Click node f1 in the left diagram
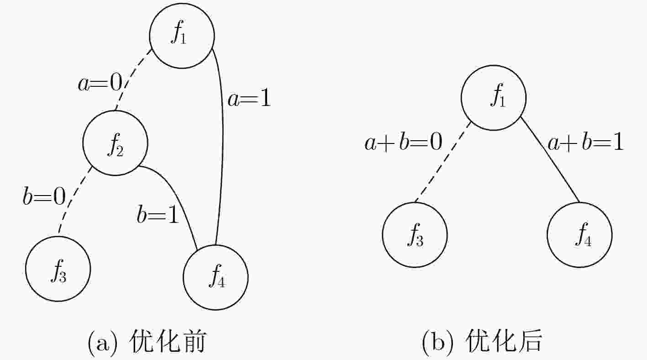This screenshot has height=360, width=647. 182,36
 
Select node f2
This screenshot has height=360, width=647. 115,143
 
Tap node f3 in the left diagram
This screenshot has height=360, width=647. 58,269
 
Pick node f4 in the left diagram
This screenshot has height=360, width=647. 216,278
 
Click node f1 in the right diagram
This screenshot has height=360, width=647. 494,98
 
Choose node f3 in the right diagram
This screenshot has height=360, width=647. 415,235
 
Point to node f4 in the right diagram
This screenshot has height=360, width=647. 580,235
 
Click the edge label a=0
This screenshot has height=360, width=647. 100,83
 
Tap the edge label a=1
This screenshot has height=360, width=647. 249,98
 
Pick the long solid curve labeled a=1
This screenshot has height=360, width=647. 223,144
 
